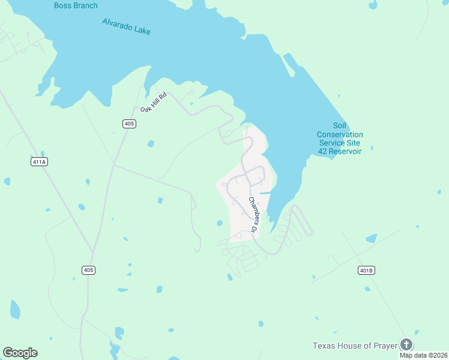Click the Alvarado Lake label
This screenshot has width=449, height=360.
pyautogui.click(x=126, y=26)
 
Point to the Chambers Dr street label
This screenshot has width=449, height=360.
pyautogui.click(x=253, y=215)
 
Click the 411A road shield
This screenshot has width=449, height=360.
pyautogui.click(x=38, y=162)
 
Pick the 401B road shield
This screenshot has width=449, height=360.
pyautogui.click(x=366, y=270)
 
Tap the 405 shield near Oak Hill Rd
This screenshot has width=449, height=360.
pyautogui.click(x=129, y=124)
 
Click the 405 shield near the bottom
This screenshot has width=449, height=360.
pyautogui.click(x=88, y=270)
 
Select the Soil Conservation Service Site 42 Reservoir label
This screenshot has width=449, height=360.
pyautogui.click(x=340, y=143)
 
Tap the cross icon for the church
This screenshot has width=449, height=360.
pyautogui.click(x=406, y=344)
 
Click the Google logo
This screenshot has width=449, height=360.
pyautogui.click(x=20, y=353)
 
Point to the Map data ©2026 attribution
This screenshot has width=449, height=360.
pyautogui.click(x=423, y=355)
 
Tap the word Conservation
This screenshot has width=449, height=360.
pyautogui.click(x=340, y=134)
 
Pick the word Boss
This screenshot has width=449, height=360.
pyautogui.click(x=62, y=5)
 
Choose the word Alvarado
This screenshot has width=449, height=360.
pyautogui.click(x=116, y=25)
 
